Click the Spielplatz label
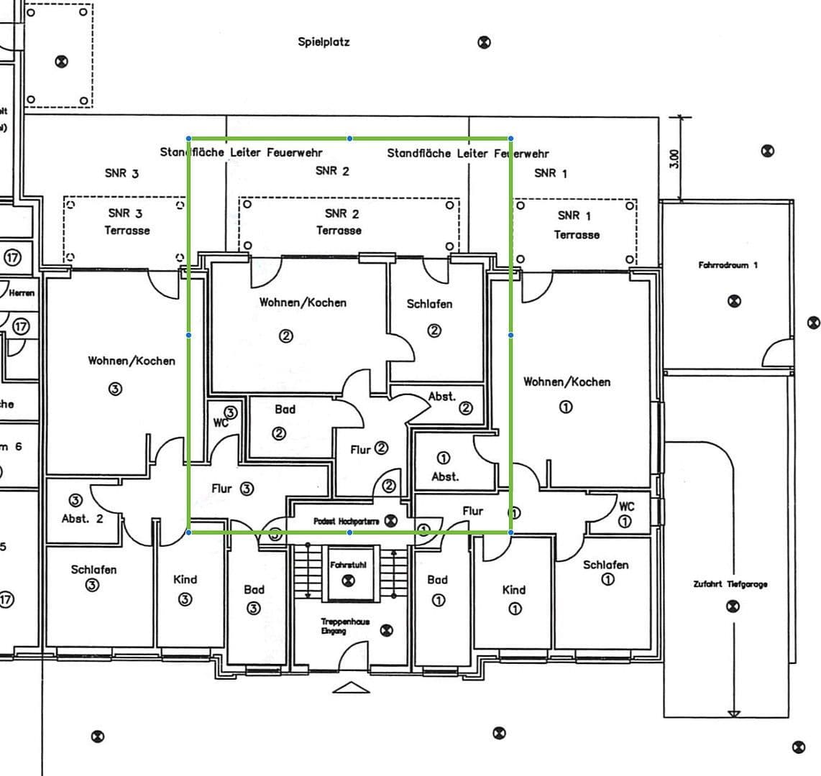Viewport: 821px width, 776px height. [x=324, y=42]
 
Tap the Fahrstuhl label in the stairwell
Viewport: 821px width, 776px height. [x=348, y=565]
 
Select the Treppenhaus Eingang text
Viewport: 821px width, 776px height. [x=345, y=626]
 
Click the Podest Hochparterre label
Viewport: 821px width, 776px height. [x=346, y=521]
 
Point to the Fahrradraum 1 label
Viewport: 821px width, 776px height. [x=728, y=265]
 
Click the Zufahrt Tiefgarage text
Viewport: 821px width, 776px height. [x=730, y=584]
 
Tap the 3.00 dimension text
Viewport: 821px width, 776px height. [x=674, y=158]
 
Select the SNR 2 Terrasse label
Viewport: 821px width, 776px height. [x=339, y=222]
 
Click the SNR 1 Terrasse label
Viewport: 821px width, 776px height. [x=577, y=225]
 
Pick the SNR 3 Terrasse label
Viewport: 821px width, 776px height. [x=126, y=221]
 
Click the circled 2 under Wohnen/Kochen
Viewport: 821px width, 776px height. [x=286, y=335]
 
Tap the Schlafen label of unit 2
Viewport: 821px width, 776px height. [x=429, y=304]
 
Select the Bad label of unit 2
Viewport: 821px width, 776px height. [x=285, y=410]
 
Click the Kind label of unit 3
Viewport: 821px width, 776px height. [x=185, y=579]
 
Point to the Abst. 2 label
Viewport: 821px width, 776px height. [x=82, y=519]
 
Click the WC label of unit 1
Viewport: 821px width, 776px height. [x=626, y=507]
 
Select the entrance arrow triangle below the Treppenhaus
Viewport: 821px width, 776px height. [x=351, y=688]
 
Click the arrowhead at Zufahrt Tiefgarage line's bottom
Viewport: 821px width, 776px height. [x=733, y=713]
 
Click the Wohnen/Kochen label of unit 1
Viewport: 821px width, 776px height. [x=567, y=382]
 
